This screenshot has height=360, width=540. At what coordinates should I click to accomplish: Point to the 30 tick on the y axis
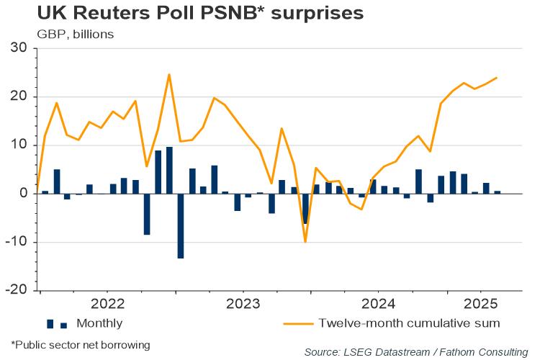(x=18, y=48)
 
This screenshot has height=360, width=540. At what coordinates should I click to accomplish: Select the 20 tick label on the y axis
(x=18, y=96)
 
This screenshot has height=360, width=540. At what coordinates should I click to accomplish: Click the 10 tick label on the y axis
(x=18, y=145)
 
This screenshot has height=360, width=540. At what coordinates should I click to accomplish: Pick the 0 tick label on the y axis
(x=23, y=194)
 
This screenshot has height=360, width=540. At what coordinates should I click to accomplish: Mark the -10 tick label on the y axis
(x=15, y=242)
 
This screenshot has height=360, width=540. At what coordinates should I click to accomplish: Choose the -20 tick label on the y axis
(x=15, y=290)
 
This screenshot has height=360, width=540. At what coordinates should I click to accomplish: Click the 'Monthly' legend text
(x=99, y=323)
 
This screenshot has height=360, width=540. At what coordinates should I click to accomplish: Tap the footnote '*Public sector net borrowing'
(x=80, y=345)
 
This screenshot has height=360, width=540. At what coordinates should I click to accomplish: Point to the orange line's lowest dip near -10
(x=305, y=241)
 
